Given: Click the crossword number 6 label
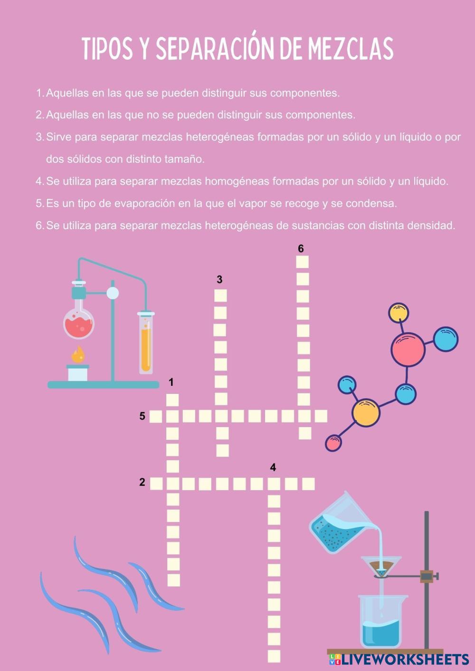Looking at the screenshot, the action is (x=301, y=249).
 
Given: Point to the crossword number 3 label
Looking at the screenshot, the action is (x=219, y=280).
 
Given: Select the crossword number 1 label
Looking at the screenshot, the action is (x=171, y=382).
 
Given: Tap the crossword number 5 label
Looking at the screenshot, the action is (x=142, y=416).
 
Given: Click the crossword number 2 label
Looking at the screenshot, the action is (x=142, y=482).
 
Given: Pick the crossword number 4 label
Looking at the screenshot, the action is (x=273, y=467).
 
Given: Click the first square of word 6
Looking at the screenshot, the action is (x=302, y=262).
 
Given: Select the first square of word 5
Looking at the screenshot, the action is (x=156, y=416).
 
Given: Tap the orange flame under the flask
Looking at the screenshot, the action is (x=78, y=354).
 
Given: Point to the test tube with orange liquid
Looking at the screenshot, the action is (x=146, y=343).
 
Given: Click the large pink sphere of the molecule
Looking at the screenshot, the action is (x=408, y=349).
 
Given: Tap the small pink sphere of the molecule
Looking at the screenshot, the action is (x=333, y=443).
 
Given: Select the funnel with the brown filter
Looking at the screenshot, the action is (x=381, y=568).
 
